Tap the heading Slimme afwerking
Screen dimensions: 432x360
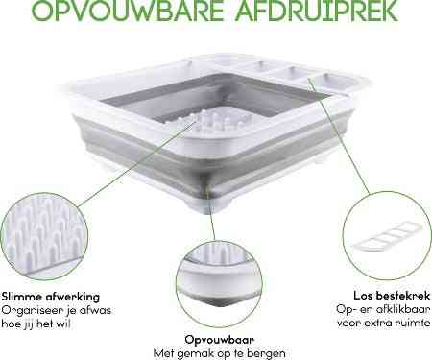51,297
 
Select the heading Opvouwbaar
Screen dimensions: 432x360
220,340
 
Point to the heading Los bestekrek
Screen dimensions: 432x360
392,296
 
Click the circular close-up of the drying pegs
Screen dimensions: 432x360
44,236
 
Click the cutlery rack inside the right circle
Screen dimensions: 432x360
387,237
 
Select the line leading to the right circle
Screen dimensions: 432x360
338,135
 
